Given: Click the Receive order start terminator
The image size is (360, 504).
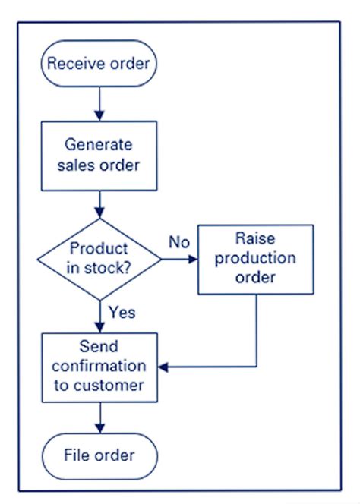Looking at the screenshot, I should click(100, 63).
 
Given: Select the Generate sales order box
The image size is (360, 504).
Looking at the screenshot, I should click(100, 154).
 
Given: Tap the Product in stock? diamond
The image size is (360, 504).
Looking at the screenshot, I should click(100, 259).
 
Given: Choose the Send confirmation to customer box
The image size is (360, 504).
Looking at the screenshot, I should click(100, 367).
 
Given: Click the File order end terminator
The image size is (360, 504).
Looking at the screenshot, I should click(100, 455).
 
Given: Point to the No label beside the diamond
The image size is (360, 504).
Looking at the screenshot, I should click(178, 243).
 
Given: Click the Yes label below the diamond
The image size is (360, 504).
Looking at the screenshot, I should click(122, 311).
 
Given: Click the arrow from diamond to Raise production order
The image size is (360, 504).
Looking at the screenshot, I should click(179, 260).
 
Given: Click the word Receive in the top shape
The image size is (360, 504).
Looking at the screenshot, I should click(71, 63).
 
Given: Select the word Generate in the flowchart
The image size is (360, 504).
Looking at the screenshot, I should click(100, 144).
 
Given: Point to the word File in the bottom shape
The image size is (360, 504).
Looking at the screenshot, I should click(77, 455).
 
